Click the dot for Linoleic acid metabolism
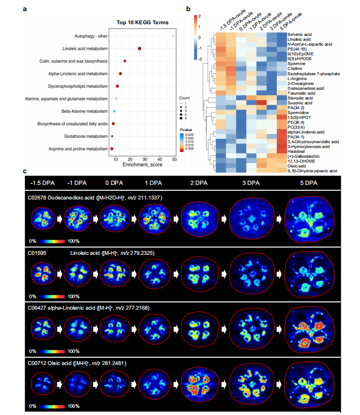140,48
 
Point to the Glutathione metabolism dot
112,136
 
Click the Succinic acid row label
300,103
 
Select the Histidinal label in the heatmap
297,151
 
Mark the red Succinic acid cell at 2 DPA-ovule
261,103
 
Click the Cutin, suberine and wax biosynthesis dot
125,61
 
